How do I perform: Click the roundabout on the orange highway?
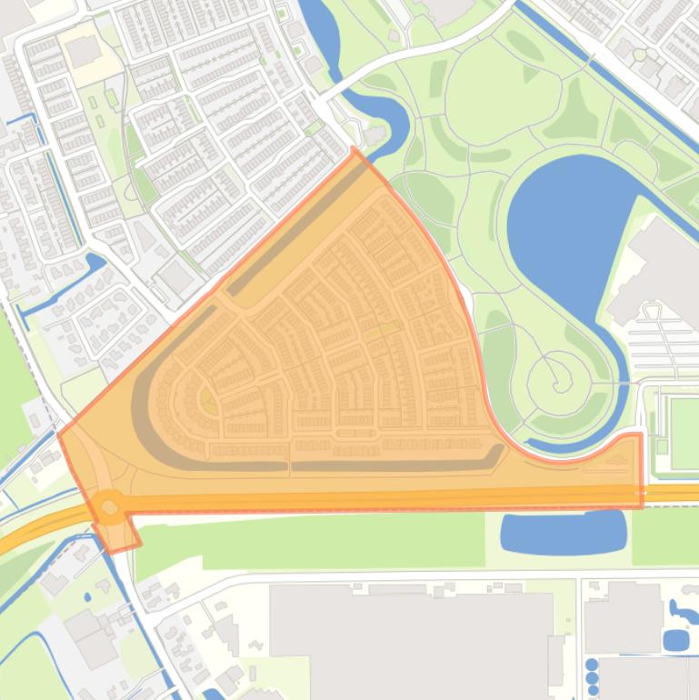click(x=110, y=505)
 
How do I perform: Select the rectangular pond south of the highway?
click(x=564, y=532)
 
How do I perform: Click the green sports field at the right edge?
click(x=683, y=422)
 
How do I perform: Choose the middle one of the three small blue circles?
click(x=593, y=678)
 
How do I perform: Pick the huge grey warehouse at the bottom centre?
click(x=409, y=636)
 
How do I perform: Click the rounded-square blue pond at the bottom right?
click(x=675, y=640)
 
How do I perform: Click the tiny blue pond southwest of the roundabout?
click(x=86, y=597)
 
